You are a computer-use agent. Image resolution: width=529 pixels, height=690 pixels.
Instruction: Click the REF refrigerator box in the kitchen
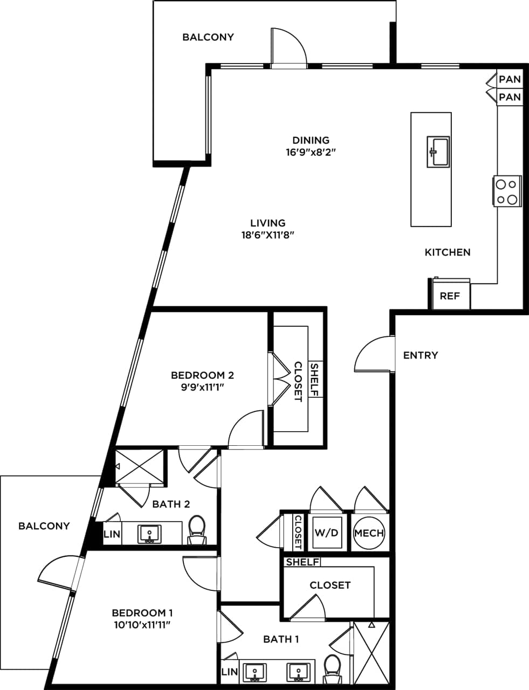tap(450, 295)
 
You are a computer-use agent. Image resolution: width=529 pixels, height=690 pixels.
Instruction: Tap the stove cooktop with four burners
tap(507, 191)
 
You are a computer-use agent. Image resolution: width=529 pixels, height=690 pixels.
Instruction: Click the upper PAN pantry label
tap(510, 79)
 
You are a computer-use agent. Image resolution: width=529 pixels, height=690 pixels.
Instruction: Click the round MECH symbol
tap(369, 533)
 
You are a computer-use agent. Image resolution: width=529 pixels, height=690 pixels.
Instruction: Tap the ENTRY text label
tap(421, 355)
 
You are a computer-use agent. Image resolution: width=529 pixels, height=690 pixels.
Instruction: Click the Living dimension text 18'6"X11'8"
tap(267, 234)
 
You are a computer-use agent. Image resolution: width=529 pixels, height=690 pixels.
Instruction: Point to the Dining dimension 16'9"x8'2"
tap(311, 153)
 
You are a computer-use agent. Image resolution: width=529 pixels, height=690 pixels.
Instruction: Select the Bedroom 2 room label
tap(202, 375)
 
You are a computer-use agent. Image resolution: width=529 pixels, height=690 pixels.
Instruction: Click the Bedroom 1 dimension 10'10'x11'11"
tap(142, 625)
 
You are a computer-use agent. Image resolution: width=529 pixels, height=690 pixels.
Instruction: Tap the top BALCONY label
tap(208, 37)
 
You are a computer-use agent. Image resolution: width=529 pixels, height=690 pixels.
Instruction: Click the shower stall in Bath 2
tap(139, 465)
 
